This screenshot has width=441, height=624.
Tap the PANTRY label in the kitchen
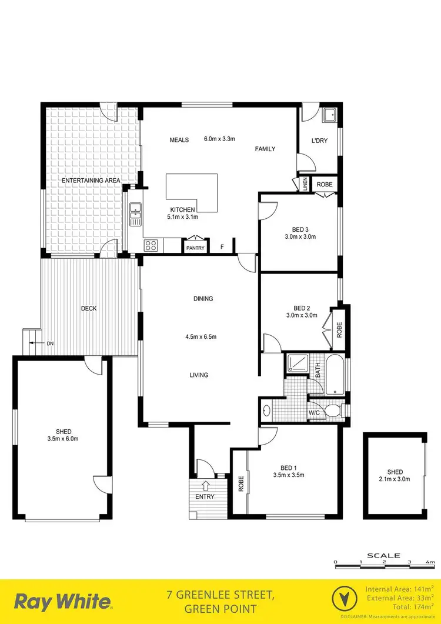[x=195, y=248]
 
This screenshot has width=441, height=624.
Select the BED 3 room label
[x=300, y=229]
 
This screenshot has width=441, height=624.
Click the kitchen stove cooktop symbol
[x=151, y=245]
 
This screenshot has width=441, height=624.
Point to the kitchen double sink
[x=135, y=214]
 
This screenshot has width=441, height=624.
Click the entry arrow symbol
[x=206, y=486]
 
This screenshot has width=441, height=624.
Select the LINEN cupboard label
[x=303, y=184]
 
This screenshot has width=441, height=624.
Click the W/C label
[x=315, y=412]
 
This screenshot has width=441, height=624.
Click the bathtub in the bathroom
[x=335, y=375]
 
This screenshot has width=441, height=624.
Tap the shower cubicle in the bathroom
[x=298, y=364]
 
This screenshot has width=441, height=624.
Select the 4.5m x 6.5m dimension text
[x=201, y=337]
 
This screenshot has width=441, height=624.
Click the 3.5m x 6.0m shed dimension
[x=63, y=439]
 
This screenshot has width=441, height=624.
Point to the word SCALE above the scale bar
[x=383, y=555]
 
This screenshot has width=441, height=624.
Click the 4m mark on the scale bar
[x=430, y=563]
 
